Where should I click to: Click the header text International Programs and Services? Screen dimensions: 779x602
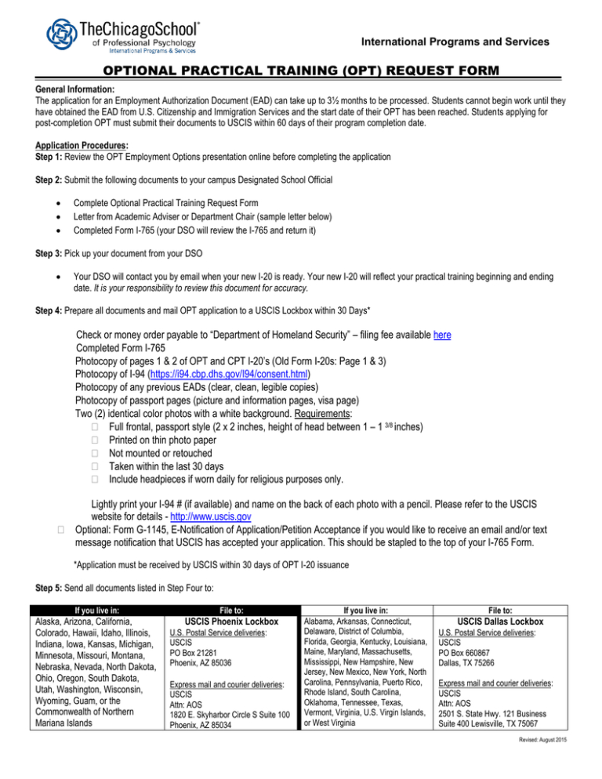[x=458, y=41]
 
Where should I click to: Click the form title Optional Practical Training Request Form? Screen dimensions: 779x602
[x=300, y=72]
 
